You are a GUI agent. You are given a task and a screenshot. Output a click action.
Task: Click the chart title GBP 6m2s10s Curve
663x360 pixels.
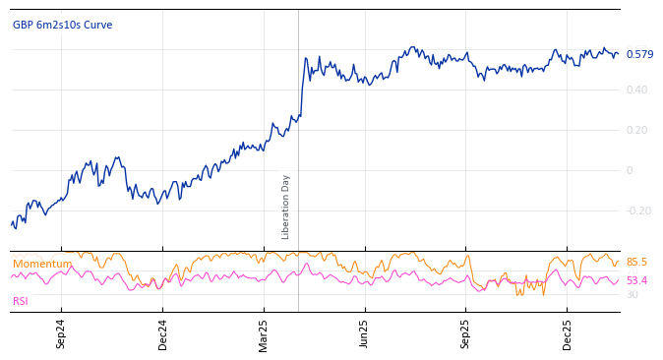[62, 26]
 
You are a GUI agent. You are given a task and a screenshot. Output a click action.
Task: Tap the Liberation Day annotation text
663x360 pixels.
[286, 207]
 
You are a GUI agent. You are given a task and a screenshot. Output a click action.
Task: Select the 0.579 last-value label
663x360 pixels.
[639, 55]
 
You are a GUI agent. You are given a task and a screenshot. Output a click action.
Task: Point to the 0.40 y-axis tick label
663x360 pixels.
[636, 90]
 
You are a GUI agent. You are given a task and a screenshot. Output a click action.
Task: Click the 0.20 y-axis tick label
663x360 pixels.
[636, 131]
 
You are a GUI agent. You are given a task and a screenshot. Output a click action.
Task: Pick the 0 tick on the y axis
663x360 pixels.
[630, 171]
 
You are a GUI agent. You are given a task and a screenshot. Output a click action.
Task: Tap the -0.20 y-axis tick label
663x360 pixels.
[638, 211]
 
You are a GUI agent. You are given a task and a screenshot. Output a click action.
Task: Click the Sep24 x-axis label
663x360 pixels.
[61, 333]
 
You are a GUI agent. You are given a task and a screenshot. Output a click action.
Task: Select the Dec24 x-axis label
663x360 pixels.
[163, 333]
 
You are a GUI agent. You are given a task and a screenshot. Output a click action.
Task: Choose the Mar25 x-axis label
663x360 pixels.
[264, 333]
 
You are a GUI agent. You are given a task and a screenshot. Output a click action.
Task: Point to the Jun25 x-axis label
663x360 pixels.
[365, 333]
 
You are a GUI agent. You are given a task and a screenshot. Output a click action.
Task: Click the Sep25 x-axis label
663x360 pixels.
[466, 333]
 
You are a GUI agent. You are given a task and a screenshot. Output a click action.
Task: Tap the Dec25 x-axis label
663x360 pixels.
[568, 333]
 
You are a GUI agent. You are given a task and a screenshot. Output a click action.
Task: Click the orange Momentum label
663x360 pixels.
[42, 265]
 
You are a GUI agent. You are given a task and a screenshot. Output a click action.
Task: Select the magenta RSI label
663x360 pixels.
[21, 301]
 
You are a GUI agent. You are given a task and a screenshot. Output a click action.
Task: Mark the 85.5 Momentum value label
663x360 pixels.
[636, 263]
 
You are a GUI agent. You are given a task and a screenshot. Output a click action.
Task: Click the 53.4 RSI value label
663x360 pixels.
[636, 281]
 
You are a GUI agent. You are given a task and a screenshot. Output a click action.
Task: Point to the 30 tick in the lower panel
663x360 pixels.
[632, 295]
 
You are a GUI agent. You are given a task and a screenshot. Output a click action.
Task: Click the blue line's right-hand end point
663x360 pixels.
[618, 55]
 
